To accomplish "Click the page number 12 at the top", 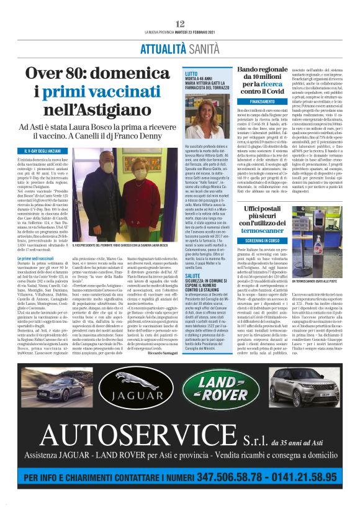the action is pyautogui.click(x=180, y=23).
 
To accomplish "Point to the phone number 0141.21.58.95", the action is pyautogui.click(x=307, y=478).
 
